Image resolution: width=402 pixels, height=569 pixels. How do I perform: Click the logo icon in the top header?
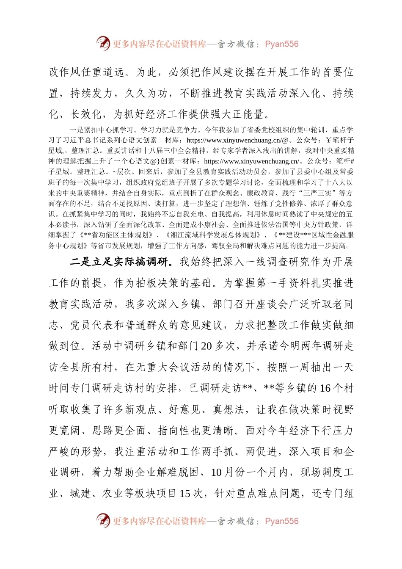(x=103, y=43)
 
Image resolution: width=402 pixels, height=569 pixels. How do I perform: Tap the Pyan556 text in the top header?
(x=282, y=44)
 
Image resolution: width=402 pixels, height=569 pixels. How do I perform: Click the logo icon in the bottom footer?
(x=103, y=520)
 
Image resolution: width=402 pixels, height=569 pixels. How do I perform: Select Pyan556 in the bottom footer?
(x=282, y=521)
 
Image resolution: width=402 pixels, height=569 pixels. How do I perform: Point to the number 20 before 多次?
(x=207, y=346)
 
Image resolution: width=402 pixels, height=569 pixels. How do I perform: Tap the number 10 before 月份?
(x=216, y=472)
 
